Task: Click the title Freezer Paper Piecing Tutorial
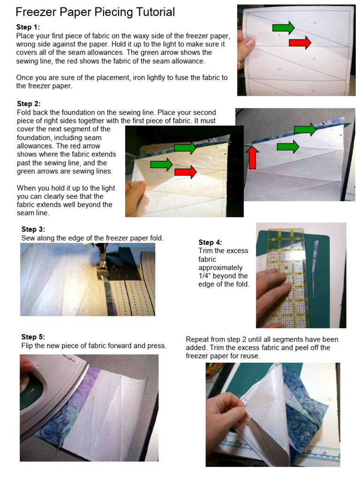pos(95,12)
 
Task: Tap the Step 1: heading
pos(28,27)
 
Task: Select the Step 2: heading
pos(29,104)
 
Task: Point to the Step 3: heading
pos(33,229)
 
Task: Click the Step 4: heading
pos(210,242)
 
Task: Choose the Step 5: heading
pos(33,337)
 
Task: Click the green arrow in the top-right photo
pos(283,28)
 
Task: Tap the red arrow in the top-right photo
pos(300,43)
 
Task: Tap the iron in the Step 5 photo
pos(52,389)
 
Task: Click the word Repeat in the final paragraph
pos(197,339)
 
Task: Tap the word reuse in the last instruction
pos(250,356)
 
